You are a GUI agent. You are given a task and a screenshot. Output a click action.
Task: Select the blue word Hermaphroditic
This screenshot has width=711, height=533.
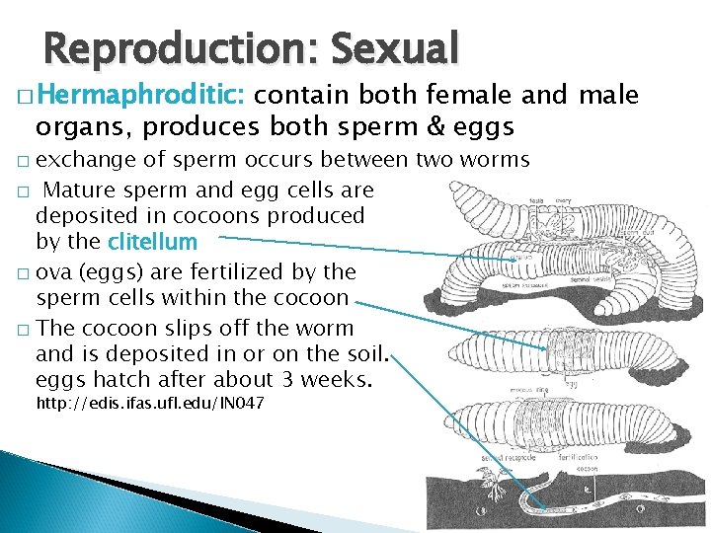[x=144, y=96]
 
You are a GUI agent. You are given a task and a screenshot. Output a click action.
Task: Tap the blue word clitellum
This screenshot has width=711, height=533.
[x=152, y=242]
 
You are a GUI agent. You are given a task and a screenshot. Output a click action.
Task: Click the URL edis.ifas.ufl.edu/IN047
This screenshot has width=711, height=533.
[x=149, y=405]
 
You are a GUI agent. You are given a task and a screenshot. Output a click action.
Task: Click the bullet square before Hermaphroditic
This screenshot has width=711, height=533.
[x=25, y=97]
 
